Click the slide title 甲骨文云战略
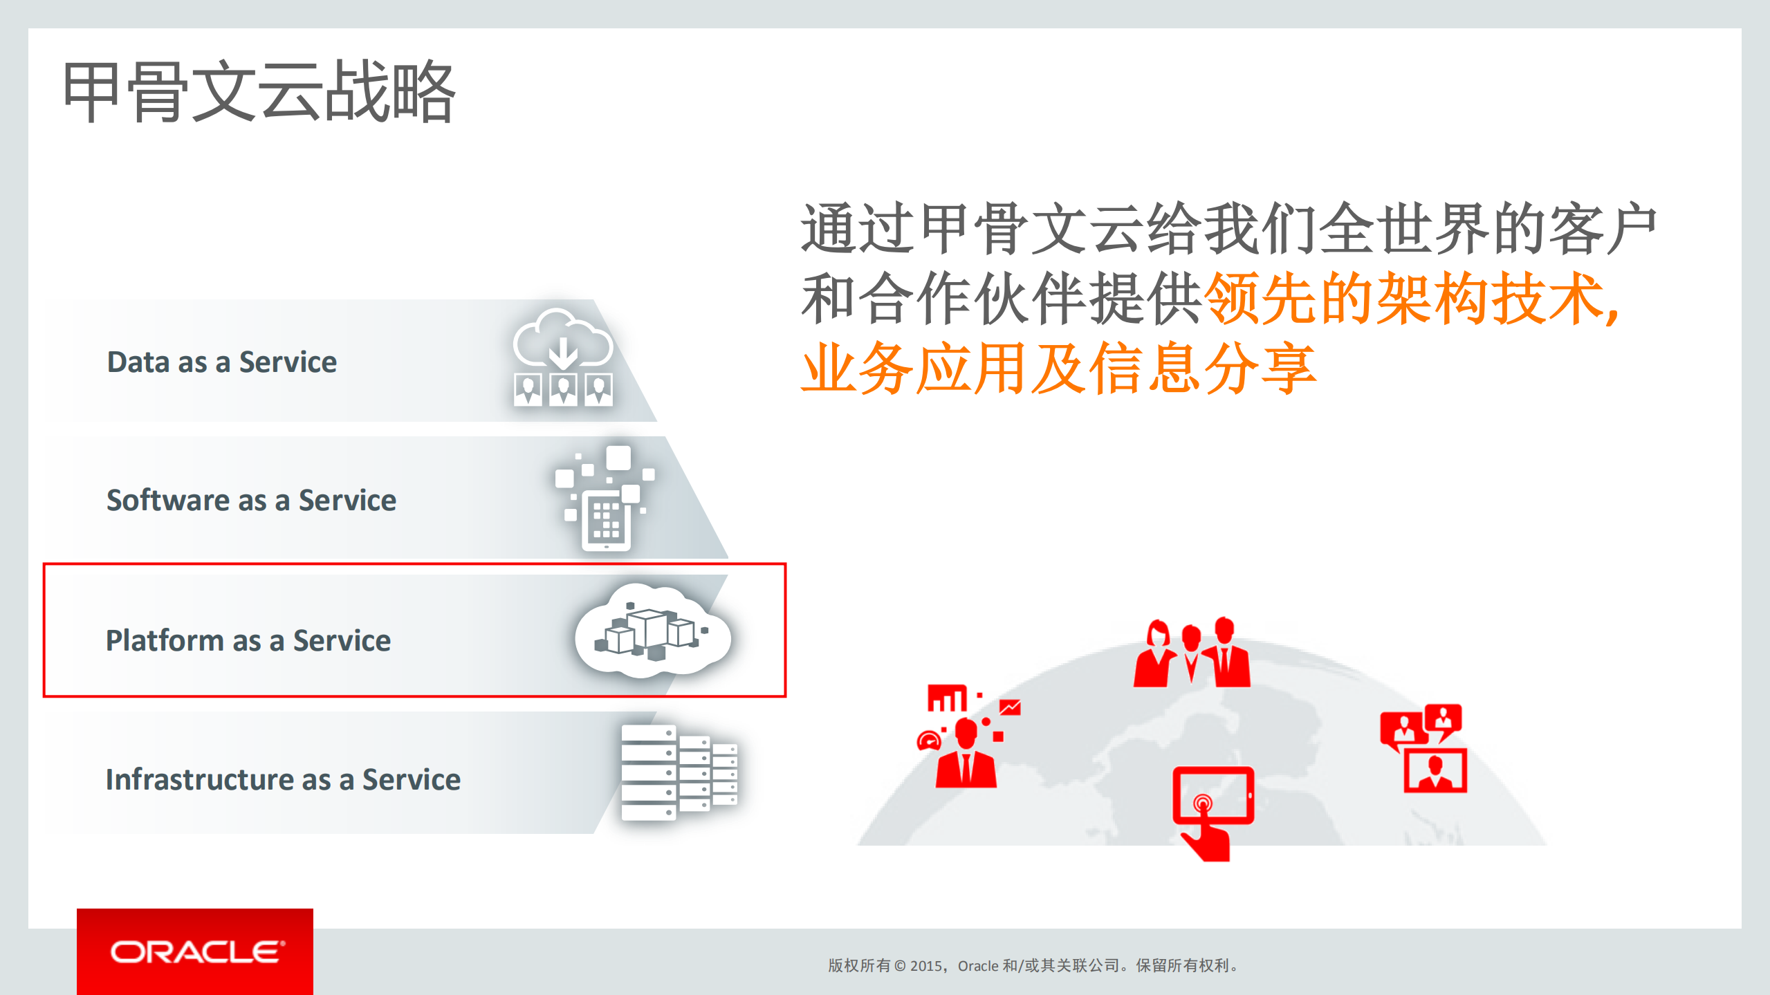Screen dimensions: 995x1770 coord(259,91)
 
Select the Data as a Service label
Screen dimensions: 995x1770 coord(221,362)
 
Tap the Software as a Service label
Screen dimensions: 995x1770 coord(251,500)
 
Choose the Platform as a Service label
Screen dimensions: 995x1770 coord(248,640)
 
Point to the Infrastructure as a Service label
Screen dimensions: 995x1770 coord(283,779)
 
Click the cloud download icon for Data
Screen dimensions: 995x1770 coord(563,357)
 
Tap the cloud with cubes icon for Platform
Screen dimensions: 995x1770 coord(652,631)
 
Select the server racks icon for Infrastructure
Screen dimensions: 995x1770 coord(678,772)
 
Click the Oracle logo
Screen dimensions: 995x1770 coord(196,952)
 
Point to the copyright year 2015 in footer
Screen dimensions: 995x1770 coord(925,966)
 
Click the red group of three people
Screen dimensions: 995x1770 coord(1191,653)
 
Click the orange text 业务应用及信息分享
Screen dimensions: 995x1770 coord(1058,368)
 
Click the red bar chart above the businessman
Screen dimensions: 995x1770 coord(947,698)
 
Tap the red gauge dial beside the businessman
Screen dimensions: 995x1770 coord(928,741)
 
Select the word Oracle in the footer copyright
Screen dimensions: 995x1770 coord(977,966)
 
